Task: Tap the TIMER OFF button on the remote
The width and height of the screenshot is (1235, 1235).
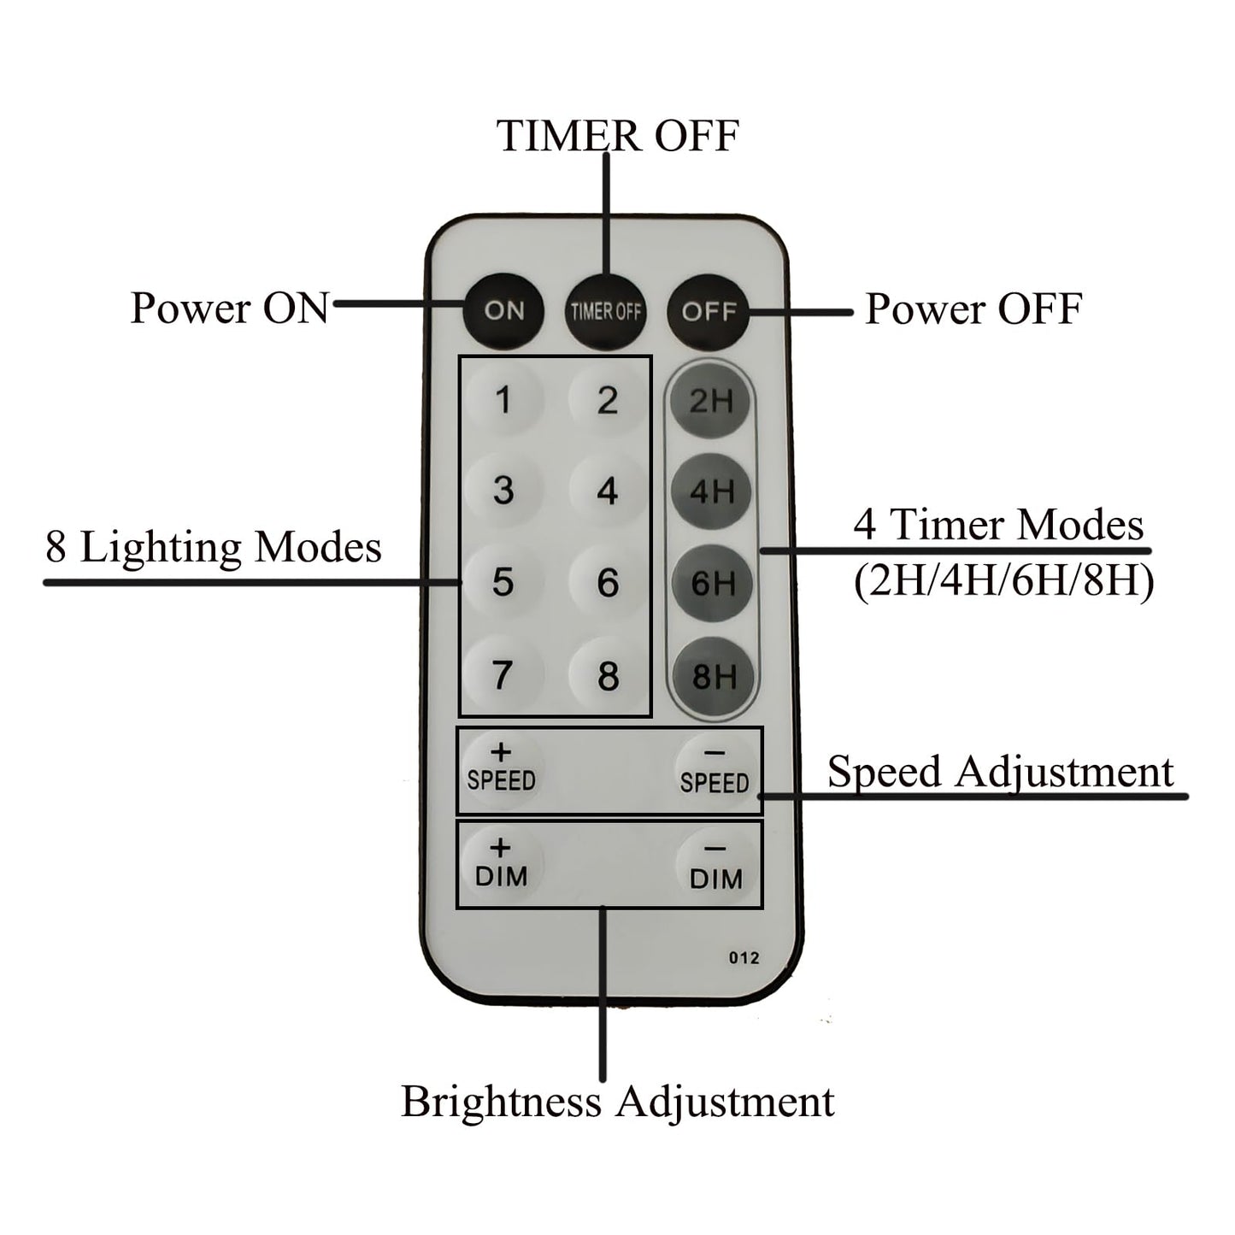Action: coord(605,311)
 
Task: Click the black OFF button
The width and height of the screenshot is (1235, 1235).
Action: coord(709,311)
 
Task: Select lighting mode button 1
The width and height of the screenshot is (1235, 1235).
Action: coord(503,400)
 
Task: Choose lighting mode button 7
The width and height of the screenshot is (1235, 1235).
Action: coord(503,675)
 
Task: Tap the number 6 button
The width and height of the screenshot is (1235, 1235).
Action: coord(607,583)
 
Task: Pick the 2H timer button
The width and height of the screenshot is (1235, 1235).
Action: coord(711,401)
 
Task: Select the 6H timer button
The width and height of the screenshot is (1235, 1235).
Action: coord(712,584)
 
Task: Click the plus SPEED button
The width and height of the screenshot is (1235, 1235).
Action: coord(501,768)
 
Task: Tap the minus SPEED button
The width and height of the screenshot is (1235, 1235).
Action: coord(715,771)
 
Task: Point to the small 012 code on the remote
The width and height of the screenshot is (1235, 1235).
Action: coord(744,958)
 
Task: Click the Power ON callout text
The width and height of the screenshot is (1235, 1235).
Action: coord(229,308)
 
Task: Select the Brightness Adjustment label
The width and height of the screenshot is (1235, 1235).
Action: coord(617,1101)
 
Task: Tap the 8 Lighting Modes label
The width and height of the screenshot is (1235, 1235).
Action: coord(214,547)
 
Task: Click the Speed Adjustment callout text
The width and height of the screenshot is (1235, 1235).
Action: coord(1000,772)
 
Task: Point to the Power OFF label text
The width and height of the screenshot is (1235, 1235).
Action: coord(973,309)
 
